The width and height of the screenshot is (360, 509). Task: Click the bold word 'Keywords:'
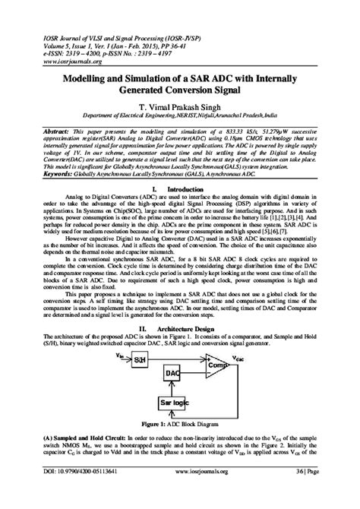pyautogui.click(x=42, y=173)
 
